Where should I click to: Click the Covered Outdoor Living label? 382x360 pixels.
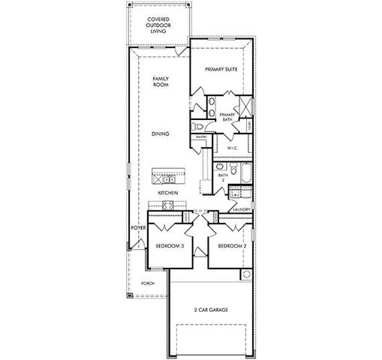tap(158, 25)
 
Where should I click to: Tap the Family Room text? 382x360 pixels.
tap(160, 82)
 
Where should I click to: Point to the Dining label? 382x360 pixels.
tap(159, 133)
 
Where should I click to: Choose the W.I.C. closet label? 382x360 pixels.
tap(233, 148)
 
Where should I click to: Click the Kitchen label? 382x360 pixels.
tap(167, 193)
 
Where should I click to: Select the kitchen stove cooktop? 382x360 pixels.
tap(158, 178)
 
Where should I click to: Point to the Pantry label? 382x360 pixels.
tap(201, 137)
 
